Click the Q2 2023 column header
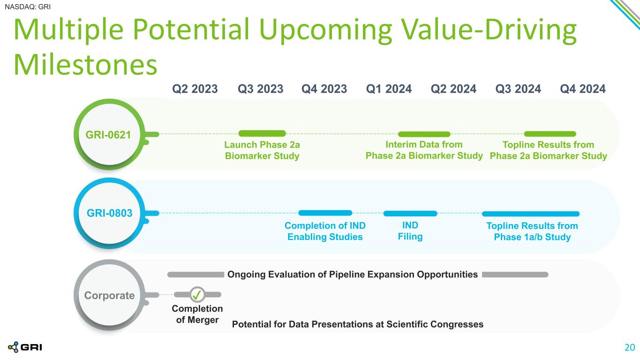pos(195,89)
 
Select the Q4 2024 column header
pos(583,89)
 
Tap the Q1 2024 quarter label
pos(389,89)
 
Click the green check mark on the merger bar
pos(197,294)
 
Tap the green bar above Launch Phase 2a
pos(262,134)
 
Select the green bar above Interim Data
pos(424,134)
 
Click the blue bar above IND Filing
pos(410,213)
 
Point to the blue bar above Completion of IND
pos(325,213)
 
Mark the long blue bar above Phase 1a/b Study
pos(531,214)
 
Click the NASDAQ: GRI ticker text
pos(28,7)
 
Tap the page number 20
pos(630,347)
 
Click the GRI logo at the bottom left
pos(25,347)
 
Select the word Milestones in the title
pos(85,65)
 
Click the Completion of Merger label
pos(197,314)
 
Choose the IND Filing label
pos(410,231)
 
